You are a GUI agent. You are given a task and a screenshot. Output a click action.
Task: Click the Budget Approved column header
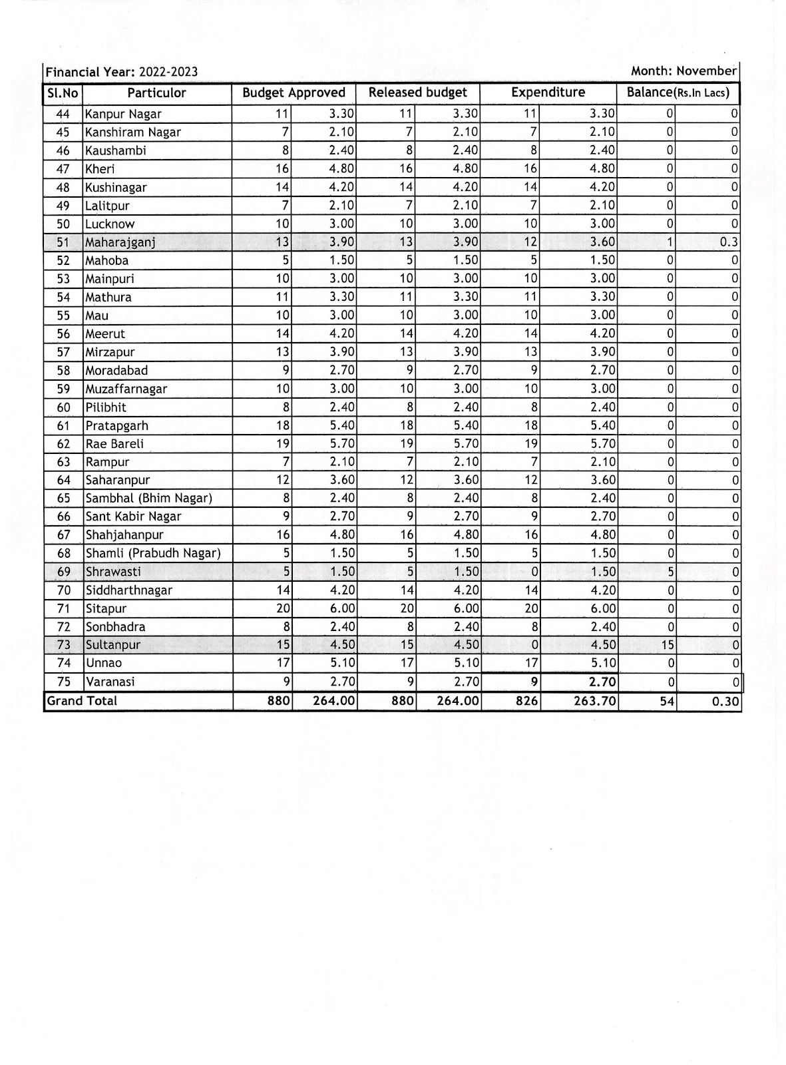pos(294,93)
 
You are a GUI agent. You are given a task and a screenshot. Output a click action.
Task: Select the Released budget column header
pos(417,93)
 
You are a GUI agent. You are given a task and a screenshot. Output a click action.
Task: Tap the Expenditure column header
pos(548,93)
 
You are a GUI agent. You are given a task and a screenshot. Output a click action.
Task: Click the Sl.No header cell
pos(63,93)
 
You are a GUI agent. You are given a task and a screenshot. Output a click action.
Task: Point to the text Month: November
pos(684,71)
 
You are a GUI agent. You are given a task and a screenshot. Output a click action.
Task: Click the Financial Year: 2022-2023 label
pos(122,72)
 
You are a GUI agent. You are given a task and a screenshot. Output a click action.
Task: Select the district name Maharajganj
pos(120,242)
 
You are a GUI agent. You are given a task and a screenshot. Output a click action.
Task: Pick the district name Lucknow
pos(110,224)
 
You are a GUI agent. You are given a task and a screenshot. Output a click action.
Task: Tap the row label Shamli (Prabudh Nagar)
pos(153,553)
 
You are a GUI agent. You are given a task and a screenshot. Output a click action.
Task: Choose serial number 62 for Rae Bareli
pos(63,444)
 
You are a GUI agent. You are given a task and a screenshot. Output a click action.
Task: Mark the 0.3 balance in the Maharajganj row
pos(729,242)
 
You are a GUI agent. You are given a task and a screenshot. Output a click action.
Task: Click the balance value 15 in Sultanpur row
pos(668,644)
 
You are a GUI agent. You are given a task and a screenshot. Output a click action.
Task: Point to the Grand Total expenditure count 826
pos(526,701)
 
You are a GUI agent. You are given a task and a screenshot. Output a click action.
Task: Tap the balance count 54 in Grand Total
pos(667,701)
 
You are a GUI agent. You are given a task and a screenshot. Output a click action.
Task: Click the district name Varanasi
pos(110,682)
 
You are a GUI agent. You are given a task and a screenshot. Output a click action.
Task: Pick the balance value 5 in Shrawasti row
pos(671,572)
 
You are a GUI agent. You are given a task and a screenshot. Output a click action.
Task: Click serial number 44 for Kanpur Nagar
pos(63,114)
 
